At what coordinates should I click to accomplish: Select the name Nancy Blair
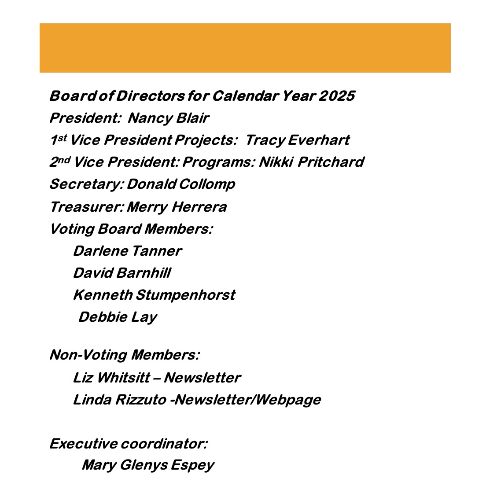[x=168, y=118]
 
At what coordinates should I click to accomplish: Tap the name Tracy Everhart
[x=297, y=140]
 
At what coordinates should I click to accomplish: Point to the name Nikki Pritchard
[x=311, y=162]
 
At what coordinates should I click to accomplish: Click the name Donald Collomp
[x=180, y=184]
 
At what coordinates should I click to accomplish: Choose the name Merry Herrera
[x=177, y=206]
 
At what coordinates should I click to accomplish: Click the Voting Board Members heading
[x=131, y=229]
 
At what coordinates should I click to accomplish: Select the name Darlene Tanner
[x=127, y=251]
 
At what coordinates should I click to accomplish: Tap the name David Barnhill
[x=122, y=273]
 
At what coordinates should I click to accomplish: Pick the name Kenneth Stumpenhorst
[x=154, y=295]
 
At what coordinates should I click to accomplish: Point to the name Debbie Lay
[x=118, y=317]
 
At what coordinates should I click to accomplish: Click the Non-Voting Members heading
[x=124, y=355]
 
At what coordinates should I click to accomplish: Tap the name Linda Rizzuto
[x=120, y=400]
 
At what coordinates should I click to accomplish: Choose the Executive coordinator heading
[x=128, y=443]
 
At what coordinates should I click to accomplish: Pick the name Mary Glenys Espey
[x=148, y=465]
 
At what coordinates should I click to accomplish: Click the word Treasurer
[x=86, y=206]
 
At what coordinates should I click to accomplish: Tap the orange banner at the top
[x=245, y=48]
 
